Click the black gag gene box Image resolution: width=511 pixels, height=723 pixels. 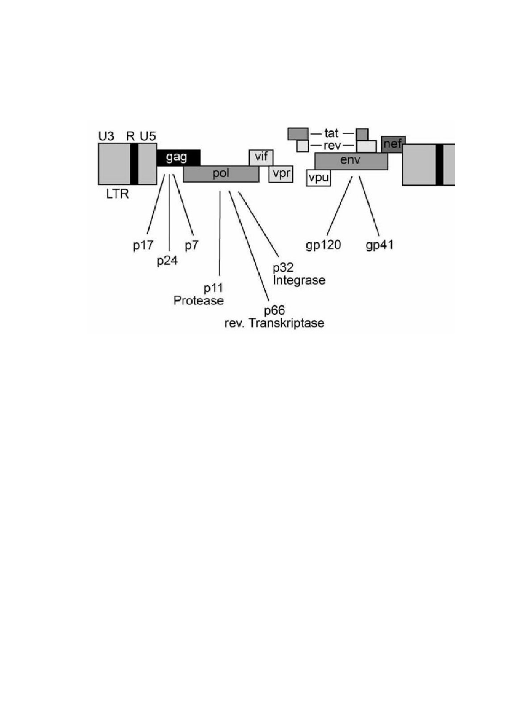click(178, 158)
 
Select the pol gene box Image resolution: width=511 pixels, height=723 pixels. click(221, 174)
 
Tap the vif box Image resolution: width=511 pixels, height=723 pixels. click(261, 157)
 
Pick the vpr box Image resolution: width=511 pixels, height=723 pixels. click(281, 174)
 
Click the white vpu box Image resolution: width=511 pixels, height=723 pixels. click(318, 178)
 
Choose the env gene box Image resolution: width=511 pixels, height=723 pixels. click(351, 161)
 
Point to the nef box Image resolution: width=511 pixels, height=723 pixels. click(393, 145)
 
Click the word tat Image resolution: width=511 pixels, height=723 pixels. click(331, 133)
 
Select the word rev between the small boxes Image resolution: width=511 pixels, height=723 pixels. click(332, 146)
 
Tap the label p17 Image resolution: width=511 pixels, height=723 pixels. click(143, 245)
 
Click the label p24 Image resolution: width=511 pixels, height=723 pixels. click(167, 261)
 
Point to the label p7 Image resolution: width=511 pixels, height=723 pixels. click(191, 245)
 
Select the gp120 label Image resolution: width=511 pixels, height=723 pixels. click(323, 245)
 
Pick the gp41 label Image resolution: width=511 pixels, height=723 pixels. click(379, 245)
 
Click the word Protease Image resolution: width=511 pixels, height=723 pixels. click(198, 300)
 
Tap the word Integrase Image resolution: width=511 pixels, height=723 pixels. click(299, 280)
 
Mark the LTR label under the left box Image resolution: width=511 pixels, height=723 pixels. click(117, 194)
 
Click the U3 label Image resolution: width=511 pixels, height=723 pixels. click(106, 136)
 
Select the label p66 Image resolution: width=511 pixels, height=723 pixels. click(274, 311)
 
